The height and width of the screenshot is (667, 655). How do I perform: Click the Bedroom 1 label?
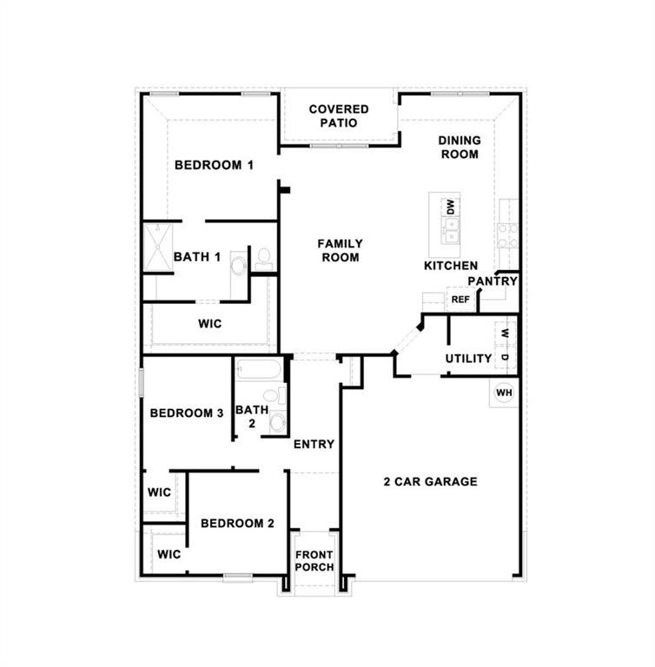[x=214, y=165]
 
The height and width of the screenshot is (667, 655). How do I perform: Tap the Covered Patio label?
[x=339, y=116]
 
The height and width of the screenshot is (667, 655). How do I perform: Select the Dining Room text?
[x=460, y=147]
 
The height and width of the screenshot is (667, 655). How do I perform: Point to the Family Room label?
[x=340, y=250]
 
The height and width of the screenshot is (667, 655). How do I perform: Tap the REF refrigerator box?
[x=460, y=300]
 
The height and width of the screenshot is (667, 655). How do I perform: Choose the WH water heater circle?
[x=504, y=393]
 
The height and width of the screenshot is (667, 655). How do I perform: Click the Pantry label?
[x=493, y=281]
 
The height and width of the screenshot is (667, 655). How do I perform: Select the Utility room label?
[x=468, y=358]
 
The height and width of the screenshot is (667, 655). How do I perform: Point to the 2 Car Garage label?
[x=431, y=481]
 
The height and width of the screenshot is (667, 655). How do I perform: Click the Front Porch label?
[x=314, y=561]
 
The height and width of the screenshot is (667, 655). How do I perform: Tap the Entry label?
[x=314, y=444]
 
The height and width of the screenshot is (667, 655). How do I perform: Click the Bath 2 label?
[x=251, y=416]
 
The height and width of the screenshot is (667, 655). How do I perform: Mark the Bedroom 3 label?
[x=187, y=413]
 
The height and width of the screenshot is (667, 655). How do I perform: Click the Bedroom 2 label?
[x=237, y=523]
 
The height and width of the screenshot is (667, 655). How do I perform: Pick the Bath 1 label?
[x=197, y=257]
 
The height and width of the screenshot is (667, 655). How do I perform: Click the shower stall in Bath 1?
[x=158, y=247]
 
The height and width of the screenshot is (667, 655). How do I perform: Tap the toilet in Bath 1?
[x=264, y=257]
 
